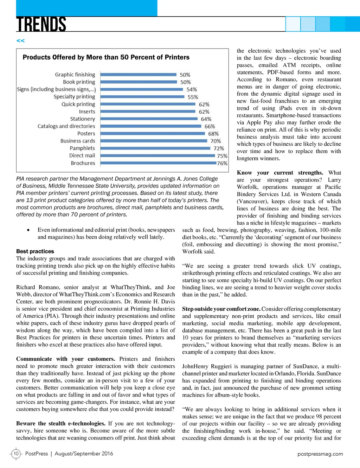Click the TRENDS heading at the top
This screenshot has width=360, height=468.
pos(41,25)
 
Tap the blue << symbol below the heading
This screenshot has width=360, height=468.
pos(20,41)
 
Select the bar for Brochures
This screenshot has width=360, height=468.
pos(158,163)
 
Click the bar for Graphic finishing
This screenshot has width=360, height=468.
pos(138,75)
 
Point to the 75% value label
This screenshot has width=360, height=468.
pos(222,156)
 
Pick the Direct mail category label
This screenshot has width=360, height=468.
pos(82,156)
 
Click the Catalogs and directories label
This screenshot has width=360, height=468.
pos(66,126)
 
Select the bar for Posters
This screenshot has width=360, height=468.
pos(152,134)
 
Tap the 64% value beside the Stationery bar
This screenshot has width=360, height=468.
pos(206,119)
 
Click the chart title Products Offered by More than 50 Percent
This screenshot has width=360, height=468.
pos(106,57)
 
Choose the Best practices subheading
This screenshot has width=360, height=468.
pos(35,251)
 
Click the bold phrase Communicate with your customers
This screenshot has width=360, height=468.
pos(65,359)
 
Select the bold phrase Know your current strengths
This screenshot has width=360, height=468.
pos(280,172)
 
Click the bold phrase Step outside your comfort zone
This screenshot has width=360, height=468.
pos(221,309)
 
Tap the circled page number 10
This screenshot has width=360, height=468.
pos(16,454)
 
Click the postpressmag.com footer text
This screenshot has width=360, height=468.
pos(320,454)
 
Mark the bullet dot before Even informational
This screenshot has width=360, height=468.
pos(28,230)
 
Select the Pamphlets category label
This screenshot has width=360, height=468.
pos(82,148)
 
